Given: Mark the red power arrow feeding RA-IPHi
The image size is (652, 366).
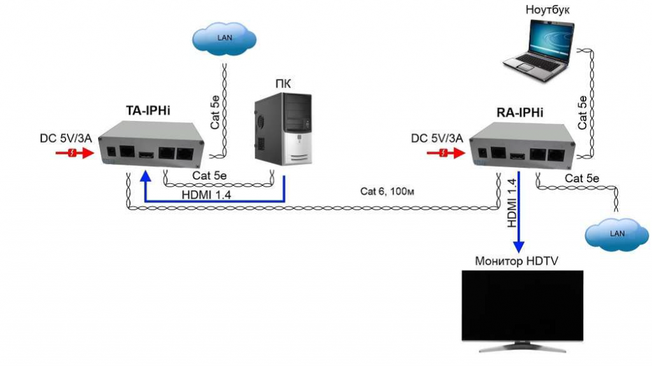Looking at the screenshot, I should [x=450, y=153].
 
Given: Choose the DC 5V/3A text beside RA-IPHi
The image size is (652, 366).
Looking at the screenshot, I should [x=437, y=138].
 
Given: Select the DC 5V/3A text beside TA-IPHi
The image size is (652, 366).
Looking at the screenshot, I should [x=66, y=138].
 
